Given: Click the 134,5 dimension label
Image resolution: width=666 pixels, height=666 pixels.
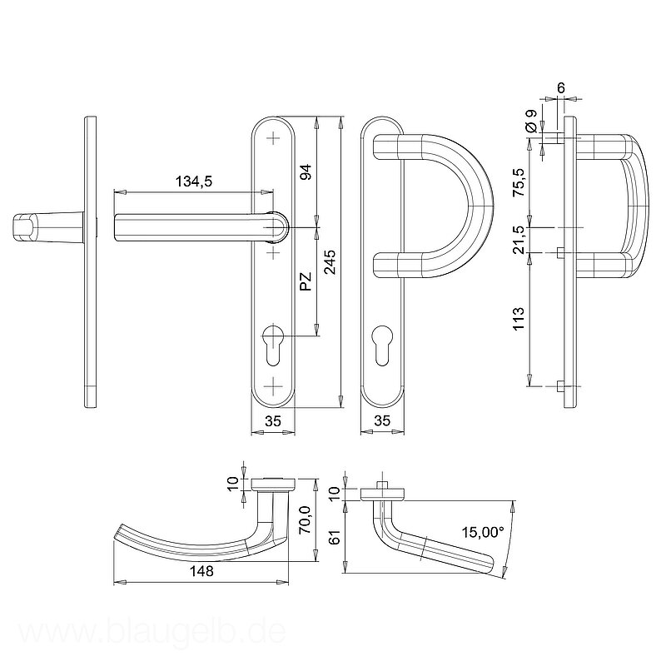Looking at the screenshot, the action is tap(194, 181).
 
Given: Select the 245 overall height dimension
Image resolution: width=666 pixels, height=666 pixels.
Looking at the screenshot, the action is tap(330, 262).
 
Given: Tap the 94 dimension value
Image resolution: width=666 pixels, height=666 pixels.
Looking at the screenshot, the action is tap(306, 171).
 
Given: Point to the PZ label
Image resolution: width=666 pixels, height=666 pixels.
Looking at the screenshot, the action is tap(306, 281).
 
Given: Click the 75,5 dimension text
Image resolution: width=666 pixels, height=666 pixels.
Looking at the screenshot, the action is tap(519, 182).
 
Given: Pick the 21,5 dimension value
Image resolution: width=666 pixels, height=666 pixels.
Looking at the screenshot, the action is tap(519, 241).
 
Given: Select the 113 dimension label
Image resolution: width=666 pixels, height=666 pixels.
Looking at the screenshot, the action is tap(519, 319).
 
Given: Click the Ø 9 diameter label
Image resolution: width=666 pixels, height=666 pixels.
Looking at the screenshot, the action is tap(531, 121).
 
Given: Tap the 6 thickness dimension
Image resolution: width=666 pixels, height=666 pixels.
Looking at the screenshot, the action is tap(561, 88).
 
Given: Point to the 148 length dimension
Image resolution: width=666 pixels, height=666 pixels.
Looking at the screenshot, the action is tap(201, 571).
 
